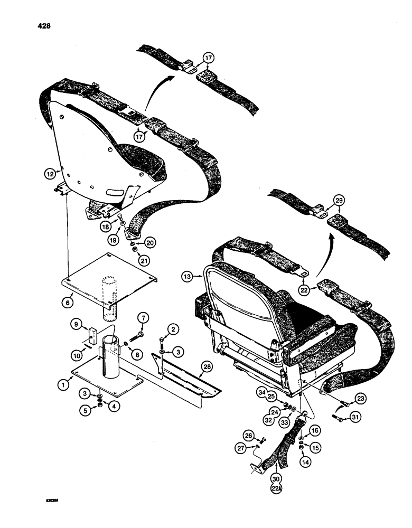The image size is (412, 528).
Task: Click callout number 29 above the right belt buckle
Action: [339, 199]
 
